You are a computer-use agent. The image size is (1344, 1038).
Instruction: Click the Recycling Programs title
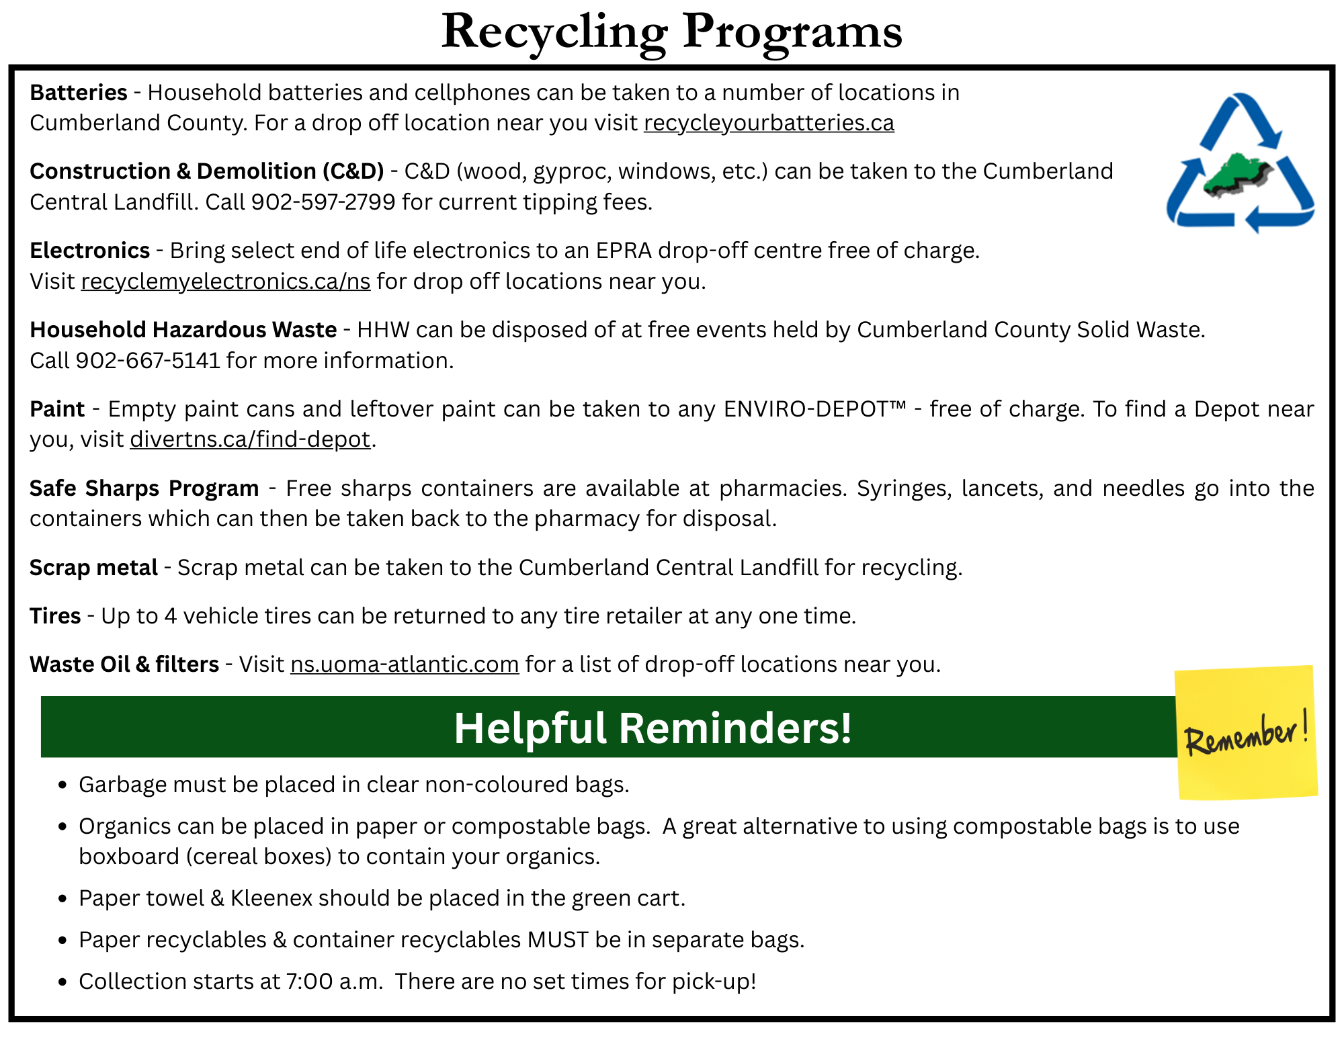tap(671, 32)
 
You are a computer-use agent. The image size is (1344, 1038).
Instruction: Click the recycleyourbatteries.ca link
tap(769, 123)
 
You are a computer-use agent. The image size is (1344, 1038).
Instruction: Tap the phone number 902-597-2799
tap(323, 202)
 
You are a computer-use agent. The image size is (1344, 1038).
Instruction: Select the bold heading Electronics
tap(89, 251)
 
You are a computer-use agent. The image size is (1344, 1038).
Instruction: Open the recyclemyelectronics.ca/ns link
tap(226, 282)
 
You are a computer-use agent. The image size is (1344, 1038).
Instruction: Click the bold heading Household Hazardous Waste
tap(183, 330)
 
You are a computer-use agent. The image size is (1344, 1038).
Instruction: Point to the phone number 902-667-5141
tap(147, 361)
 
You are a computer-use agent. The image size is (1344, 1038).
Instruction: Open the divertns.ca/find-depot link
tap(250, 439)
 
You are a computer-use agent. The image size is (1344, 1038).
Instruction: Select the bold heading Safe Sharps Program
tap(144, 488)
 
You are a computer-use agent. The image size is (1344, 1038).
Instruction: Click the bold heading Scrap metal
tap(93, 568)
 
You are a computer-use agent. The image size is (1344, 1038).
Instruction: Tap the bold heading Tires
tap(55, 616)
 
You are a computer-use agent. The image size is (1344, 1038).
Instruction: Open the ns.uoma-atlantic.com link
tap(405, 664)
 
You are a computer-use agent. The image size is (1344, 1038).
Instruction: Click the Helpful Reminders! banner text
tap(653, 728)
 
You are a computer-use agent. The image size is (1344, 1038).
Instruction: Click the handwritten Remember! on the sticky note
tap(1246, 734)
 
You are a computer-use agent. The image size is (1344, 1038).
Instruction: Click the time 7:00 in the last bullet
tap(310, 982)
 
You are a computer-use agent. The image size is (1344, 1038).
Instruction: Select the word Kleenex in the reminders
tap(271, 898)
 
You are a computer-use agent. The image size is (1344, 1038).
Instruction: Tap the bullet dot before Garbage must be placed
tap(62, 785)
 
